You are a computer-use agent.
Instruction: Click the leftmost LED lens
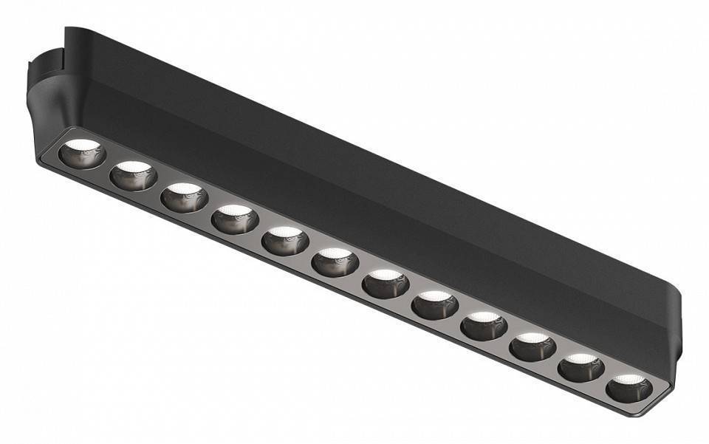[x=83, y=153]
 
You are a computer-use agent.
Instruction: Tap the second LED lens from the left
[x=134, y=176]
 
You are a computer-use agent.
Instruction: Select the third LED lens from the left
[x=184, y=198]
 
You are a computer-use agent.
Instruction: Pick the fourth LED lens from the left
[x=235, y=219]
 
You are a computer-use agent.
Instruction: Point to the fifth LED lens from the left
[x=285, y=242]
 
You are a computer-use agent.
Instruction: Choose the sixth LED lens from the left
[x=335, y=262]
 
